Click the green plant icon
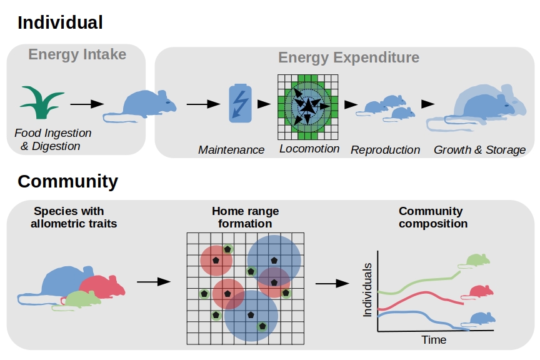[x=42, y=102]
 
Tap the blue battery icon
[x=241, y=103]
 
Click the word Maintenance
[x=231, y=150]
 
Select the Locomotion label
[x=309, y=149]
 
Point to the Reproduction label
[x=386, y=150]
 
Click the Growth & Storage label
[x=479, y=150]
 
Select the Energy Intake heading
[x=77, y=54]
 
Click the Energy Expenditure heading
[x=349, y=57]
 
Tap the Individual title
[x=60, y=22]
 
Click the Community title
[x=68, y=181]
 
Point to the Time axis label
[x=434, y=340]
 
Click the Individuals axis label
[x=367, y=290]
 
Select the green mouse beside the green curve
[x=474, y=261]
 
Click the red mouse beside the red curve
[x=478, y=292]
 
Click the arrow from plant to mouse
[x=87, y=104]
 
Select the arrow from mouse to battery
[x=203, y=104]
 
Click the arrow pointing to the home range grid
[x=154, y=282]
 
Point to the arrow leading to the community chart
[x=332, y=284]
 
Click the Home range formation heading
[x=245, y=217]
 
